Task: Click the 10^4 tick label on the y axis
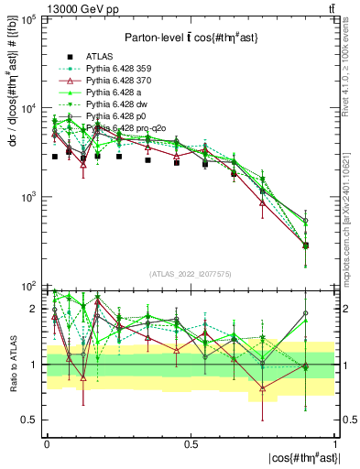28,108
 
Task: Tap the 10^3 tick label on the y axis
28,197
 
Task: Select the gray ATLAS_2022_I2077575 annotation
190,274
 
